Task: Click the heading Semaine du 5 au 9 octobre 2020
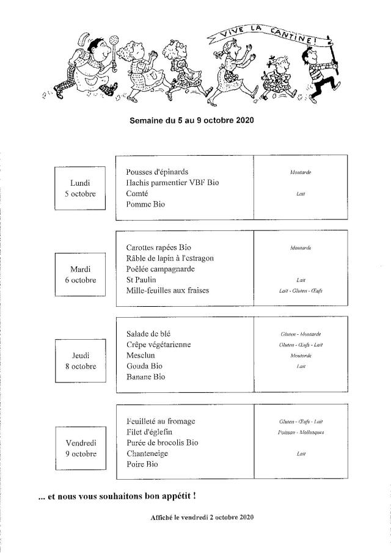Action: [192, 120]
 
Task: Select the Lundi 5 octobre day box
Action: [80, 188]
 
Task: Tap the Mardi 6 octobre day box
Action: [80, 274]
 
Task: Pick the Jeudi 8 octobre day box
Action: [80, 361]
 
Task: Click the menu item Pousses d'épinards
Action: [157, 172]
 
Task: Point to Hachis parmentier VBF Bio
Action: [172, 183]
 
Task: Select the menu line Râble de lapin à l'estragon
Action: [170, 258]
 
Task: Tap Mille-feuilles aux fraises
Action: [167, 290]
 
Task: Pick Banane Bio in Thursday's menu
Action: [145, 377]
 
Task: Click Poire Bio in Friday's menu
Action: [142, 464]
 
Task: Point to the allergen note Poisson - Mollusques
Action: [300, 432]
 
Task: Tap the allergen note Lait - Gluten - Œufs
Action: [300, 291]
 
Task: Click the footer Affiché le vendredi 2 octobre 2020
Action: [202, 518]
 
